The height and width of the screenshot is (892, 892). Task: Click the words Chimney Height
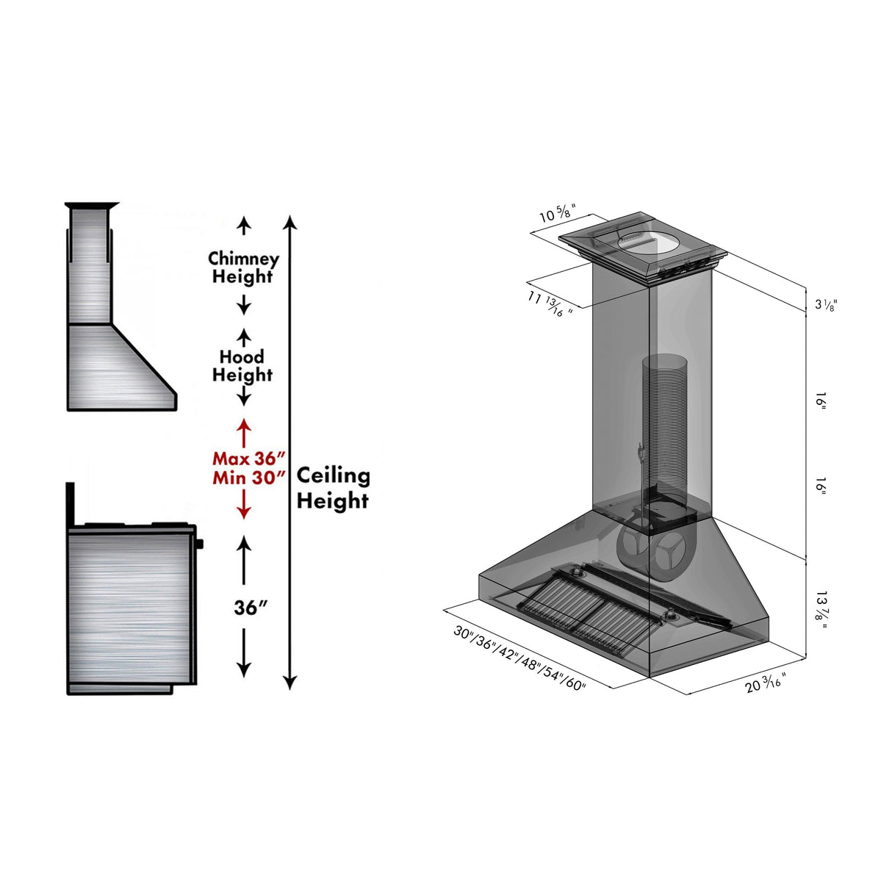click(x=243, y=267)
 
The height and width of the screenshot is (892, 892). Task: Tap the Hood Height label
click(x=242, y=365)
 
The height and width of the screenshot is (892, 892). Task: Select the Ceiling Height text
click(x=333, y=488)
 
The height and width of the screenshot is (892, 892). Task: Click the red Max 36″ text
click(x=248, y=458)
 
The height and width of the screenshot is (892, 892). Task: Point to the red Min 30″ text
click(x=248, y=478)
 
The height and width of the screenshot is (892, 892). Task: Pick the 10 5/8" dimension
click(x=556, y=214)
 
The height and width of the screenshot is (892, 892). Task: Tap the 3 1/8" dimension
click(x=825, y=305)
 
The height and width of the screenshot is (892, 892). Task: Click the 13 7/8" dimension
click(x=821, y=609)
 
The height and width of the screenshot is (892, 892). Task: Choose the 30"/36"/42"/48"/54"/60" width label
click(x=519, y=658)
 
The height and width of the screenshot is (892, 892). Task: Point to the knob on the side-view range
click(x=199, y=544)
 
